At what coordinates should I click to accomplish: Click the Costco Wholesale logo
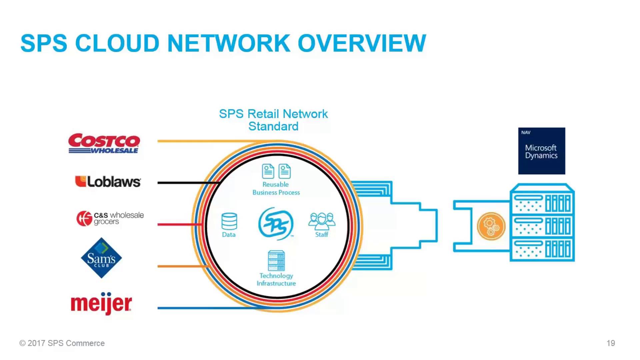[104, 143]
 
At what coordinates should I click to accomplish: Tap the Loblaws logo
[108, 182]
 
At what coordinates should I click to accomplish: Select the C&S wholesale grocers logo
[110, 218]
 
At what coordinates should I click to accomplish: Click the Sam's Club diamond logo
[101, 258]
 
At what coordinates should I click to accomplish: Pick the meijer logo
[101, 303]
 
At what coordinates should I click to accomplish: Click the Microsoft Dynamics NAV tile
[541, 151]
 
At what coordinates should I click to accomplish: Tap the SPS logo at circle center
[276, 224]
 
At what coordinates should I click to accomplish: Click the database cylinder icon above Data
[229, 221]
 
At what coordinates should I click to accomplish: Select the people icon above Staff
[322, 221]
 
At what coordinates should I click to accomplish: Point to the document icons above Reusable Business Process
[276, 171]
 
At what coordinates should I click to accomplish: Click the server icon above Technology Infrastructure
[276, 261]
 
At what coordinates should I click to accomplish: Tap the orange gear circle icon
[491, 226]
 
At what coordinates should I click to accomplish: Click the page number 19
[611, 343]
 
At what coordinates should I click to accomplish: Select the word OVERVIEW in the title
[362, 43]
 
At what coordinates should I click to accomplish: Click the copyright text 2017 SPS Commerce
[62, 343]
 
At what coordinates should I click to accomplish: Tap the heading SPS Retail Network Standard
[273, 120]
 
